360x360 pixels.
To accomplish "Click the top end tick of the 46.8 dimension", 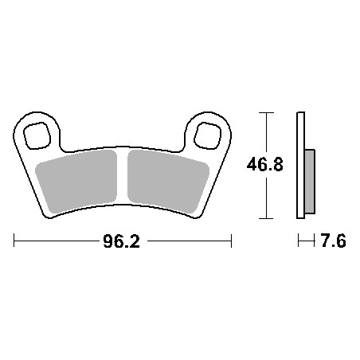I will [265, 113].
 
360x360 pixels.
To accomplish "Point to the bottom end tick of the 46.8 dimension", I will [265, 219].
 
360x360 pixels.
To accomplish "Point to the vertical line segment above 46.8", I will [265, 135].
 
